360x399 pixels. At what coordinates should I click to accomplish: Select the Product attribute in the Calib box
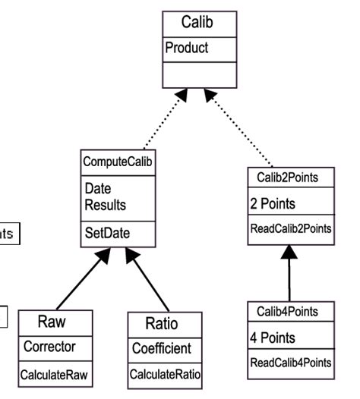(188, 48)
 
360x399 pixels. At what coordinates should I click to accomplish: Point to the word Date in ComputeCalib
(97, 187)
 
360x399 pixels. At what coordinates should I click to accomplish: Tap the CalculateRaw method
(55, 374)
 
